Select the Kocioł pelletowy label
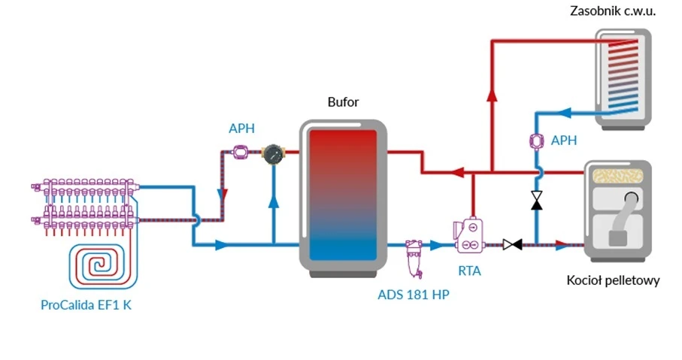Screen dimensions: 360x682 (613, 281)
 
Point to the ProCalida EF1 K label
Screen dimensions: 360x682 (91, 305)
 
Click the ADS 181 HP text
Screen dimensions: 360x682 (414, 294)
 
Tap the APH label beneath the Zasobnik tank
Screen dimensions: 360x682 (563, 141)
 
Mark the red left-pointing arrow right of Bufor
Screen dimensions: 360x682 (456, 173)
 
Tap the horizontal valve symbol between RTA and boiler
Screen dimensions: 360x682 (513, 244)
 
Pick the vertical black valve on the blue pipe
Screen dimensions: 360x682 (537, 200)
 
